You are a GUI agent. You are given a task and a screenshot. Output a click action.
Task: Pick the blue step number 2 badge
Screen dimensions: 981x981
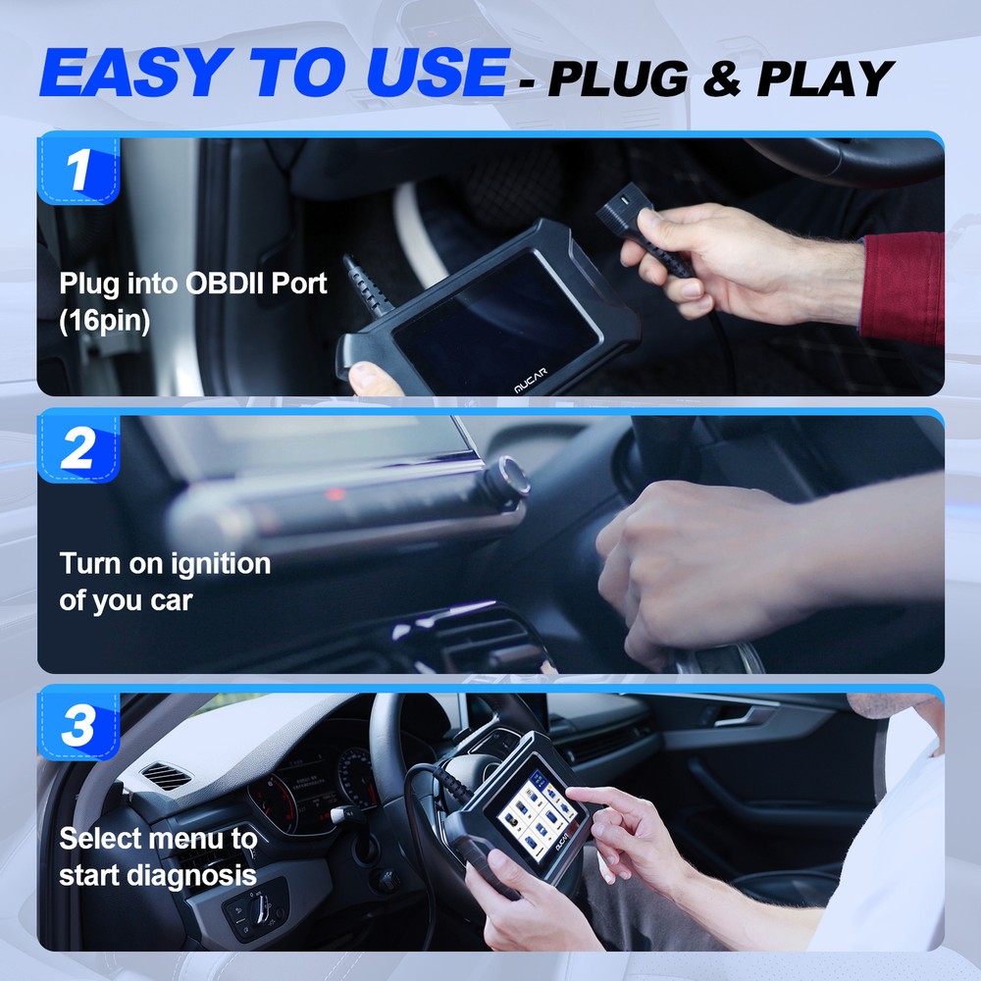click(78, 448)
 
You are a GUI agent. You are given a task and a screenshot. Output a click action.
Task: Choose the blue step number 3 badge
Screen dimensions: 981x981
click(78, 727)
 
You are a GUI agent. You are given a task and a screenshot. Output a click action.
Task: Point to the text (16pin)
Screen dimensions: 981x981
click(105, 322)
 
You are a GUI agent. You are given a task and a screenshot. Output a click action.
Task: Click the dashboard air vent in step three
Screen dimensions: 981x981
click(167, 777)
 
